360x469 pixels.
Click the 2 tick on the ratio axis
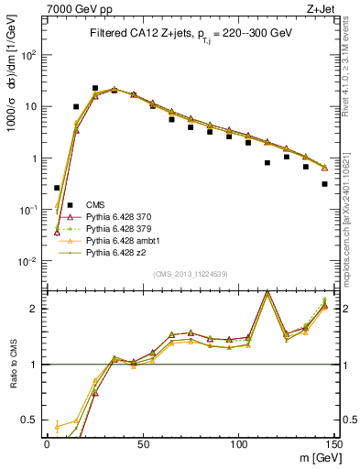[x=36, y=309]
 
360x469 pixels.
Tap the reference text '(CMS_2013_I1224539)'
[x=190, y=274]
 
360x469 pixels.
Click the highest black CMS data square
[x=95, y=89]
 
